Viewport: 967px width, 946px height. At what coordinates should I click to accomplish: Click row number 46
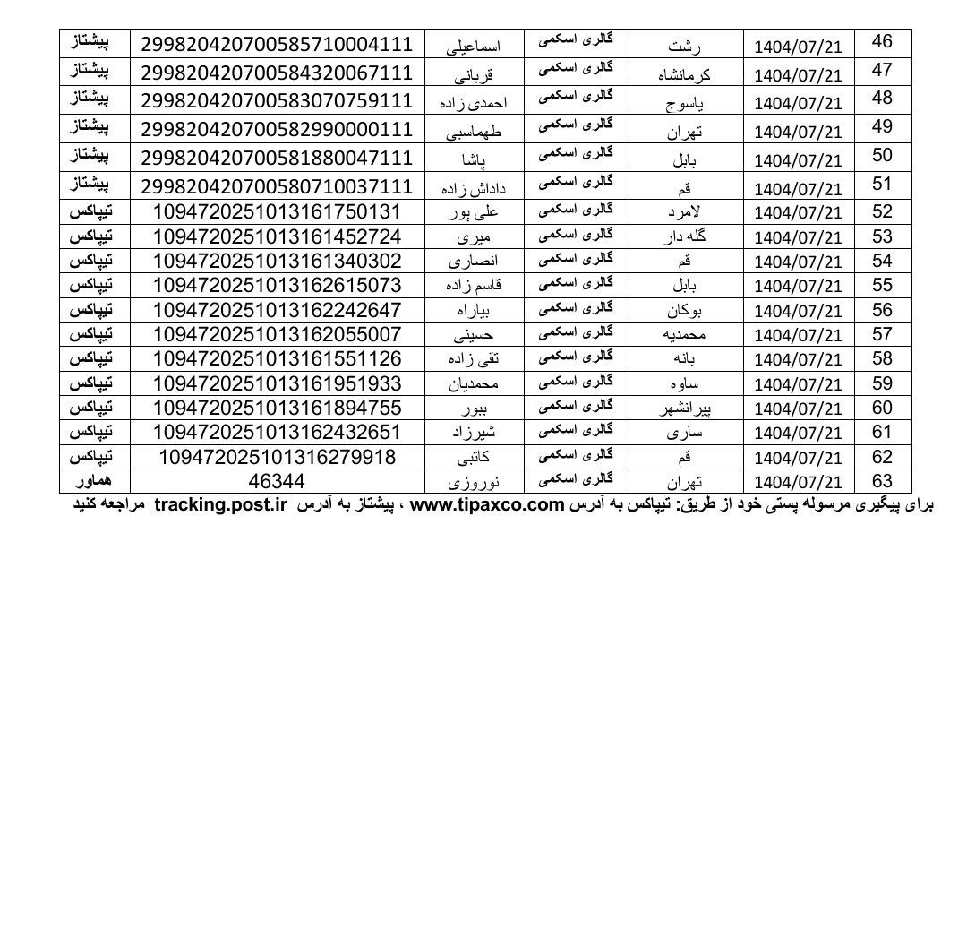point(882,42)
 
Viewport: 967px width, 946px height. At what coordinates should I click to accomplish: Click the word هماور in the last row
point(95,481)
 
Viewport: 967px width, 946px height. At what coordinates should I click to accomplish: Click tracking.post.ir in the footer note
point(220,504)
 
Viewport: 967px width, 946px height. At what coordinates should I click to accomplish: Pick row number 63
point(882,480)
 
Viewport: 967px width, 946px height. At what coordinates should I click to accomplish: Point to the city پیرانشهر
point(686,408)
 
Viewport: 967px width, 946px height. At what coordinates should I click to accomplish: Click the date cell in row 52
point(800,213)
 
